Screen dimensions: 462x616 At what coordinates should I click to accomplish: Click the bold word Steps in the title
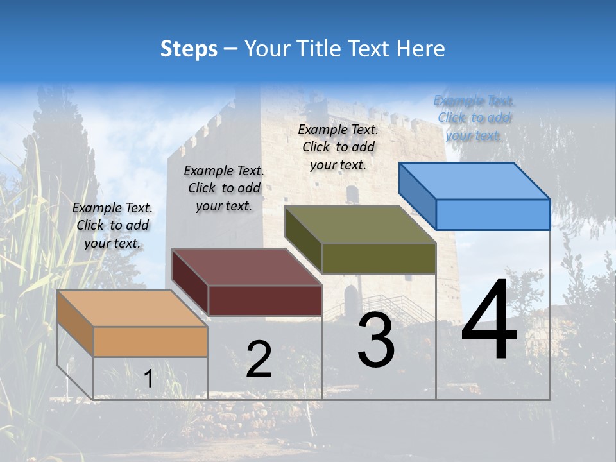tap(189, 49)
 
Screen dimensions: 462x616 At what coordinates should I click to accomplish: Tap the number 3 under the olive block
tap(376, 340)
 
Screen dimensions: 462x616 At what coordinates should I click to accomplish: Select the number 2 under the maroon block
tap(259, 359)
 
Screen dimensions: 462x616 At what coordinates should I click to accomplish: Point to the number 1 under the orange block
tap(149, 379)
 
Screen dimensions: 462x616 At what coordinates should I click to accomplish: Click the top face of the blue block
tap(475, 180)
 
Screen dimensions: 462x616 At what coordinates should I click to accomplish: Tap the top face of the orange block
tap(132, 308)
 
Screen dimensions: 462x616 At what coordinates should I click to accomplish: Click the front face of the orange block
tap(150, 341)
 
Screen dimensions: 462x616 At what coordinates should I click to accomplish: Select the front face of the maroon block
tap(265, 300)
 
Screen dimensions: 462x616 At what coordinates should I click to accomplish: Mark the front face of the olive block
tap(379, 258)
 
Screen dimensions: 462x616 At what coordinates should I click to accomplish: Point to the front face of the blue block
tap(493, 214)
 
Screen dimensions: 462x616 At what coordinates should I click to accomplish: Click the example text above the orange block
tap(112, 226)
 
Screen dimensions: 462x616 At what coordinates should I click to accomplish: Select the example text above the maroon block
tap(224, 189)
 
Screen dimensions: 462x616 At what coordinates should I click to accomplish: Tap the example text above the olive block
tap(338, 147)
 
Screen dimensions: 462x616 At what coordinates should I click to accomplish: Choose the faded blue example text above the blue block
tap(474, 118)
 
